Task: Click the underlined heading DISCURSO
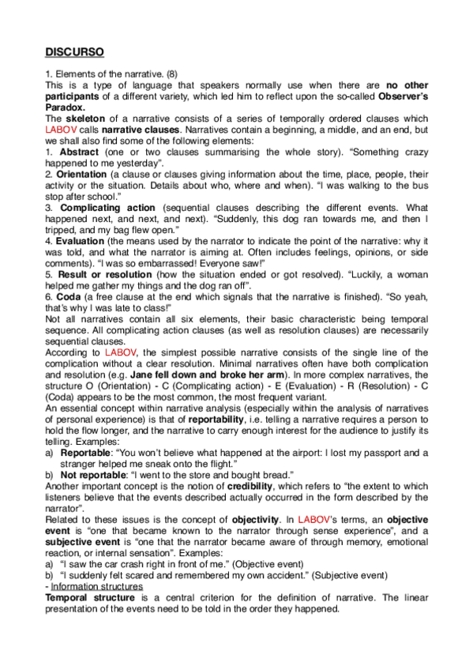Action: pos(74,52)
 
